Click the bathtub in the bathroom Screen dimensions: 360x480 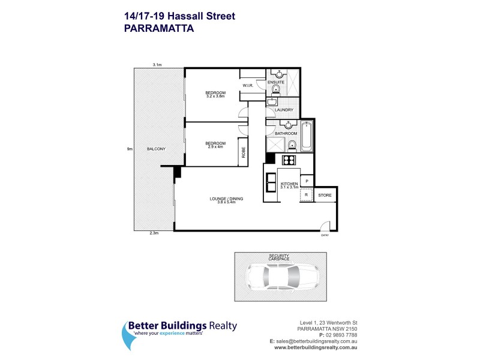point(307,136)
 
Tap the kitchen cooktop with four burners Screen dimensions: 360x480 point(288,160)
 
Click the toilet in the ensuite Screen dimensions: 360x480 point(275,90)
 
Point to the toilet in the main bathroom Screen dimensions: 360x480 point(291,145)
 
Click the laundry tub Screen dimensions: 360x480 point(271,102)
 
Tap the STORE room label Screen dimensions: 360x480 point(324,196)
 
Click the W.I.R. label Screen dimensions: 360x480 point(250,86)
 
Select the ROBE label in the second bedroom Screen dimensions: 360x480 point(244,153)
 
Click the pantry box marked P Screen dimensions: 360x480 point(307,181)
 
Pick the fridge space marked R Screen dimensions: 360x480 point(306,195)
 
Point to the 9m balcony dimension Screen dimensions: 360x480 point(130,149)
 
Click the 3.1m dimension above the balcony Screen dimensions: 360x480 point(158,64)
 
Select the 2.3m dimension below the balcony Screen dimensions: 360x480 point(154,234)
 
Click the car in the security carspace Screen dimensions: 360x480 point(281,277)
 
